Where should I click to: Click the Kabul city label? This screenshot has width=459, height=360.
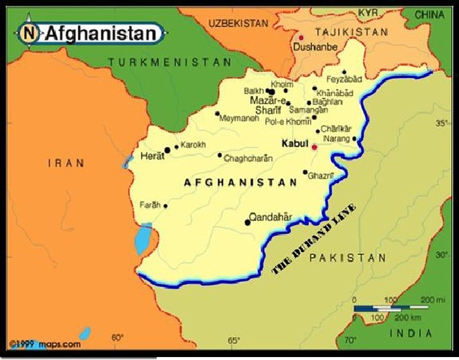293,142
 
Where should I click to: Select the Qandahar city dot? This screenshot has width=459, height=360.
247,222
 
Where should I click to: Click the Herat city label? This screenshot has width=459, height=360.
152,156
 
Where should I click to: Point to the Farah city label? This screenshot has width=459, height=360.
150,205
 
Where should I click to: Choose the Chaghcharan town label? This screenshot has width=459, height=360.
248,158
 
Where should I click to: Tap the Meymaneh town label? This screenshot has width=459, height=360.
238,118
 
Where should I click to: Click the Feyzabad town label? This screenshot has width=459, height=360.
343,79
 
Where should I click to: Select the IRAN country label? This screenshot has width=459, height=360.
65,163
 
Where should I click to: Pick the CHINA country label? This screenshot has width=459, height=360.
430,14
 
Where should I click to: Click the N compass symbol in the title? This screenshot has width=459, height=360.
29,32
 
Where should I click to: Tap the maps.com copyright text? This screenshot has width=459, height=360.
45,344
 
